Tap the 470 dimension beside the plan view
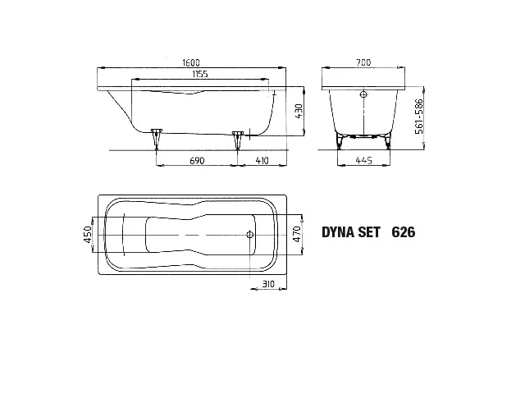pos(286,235)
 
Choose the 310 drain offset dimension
pos(267,284)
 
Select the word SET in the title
pos(367,232)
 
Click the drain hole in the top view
pos(251,235)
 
